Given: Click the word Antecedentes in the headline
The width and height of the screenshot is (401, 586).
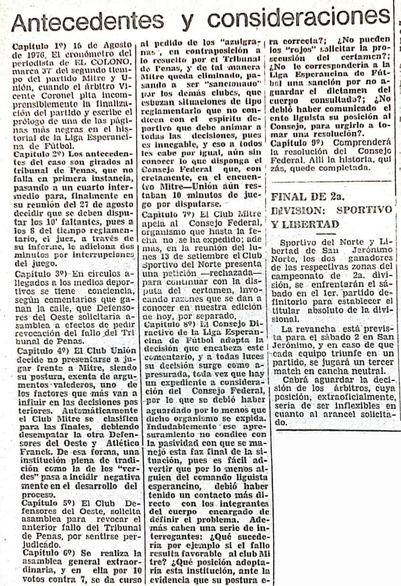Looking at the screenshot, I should point(87,21).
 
